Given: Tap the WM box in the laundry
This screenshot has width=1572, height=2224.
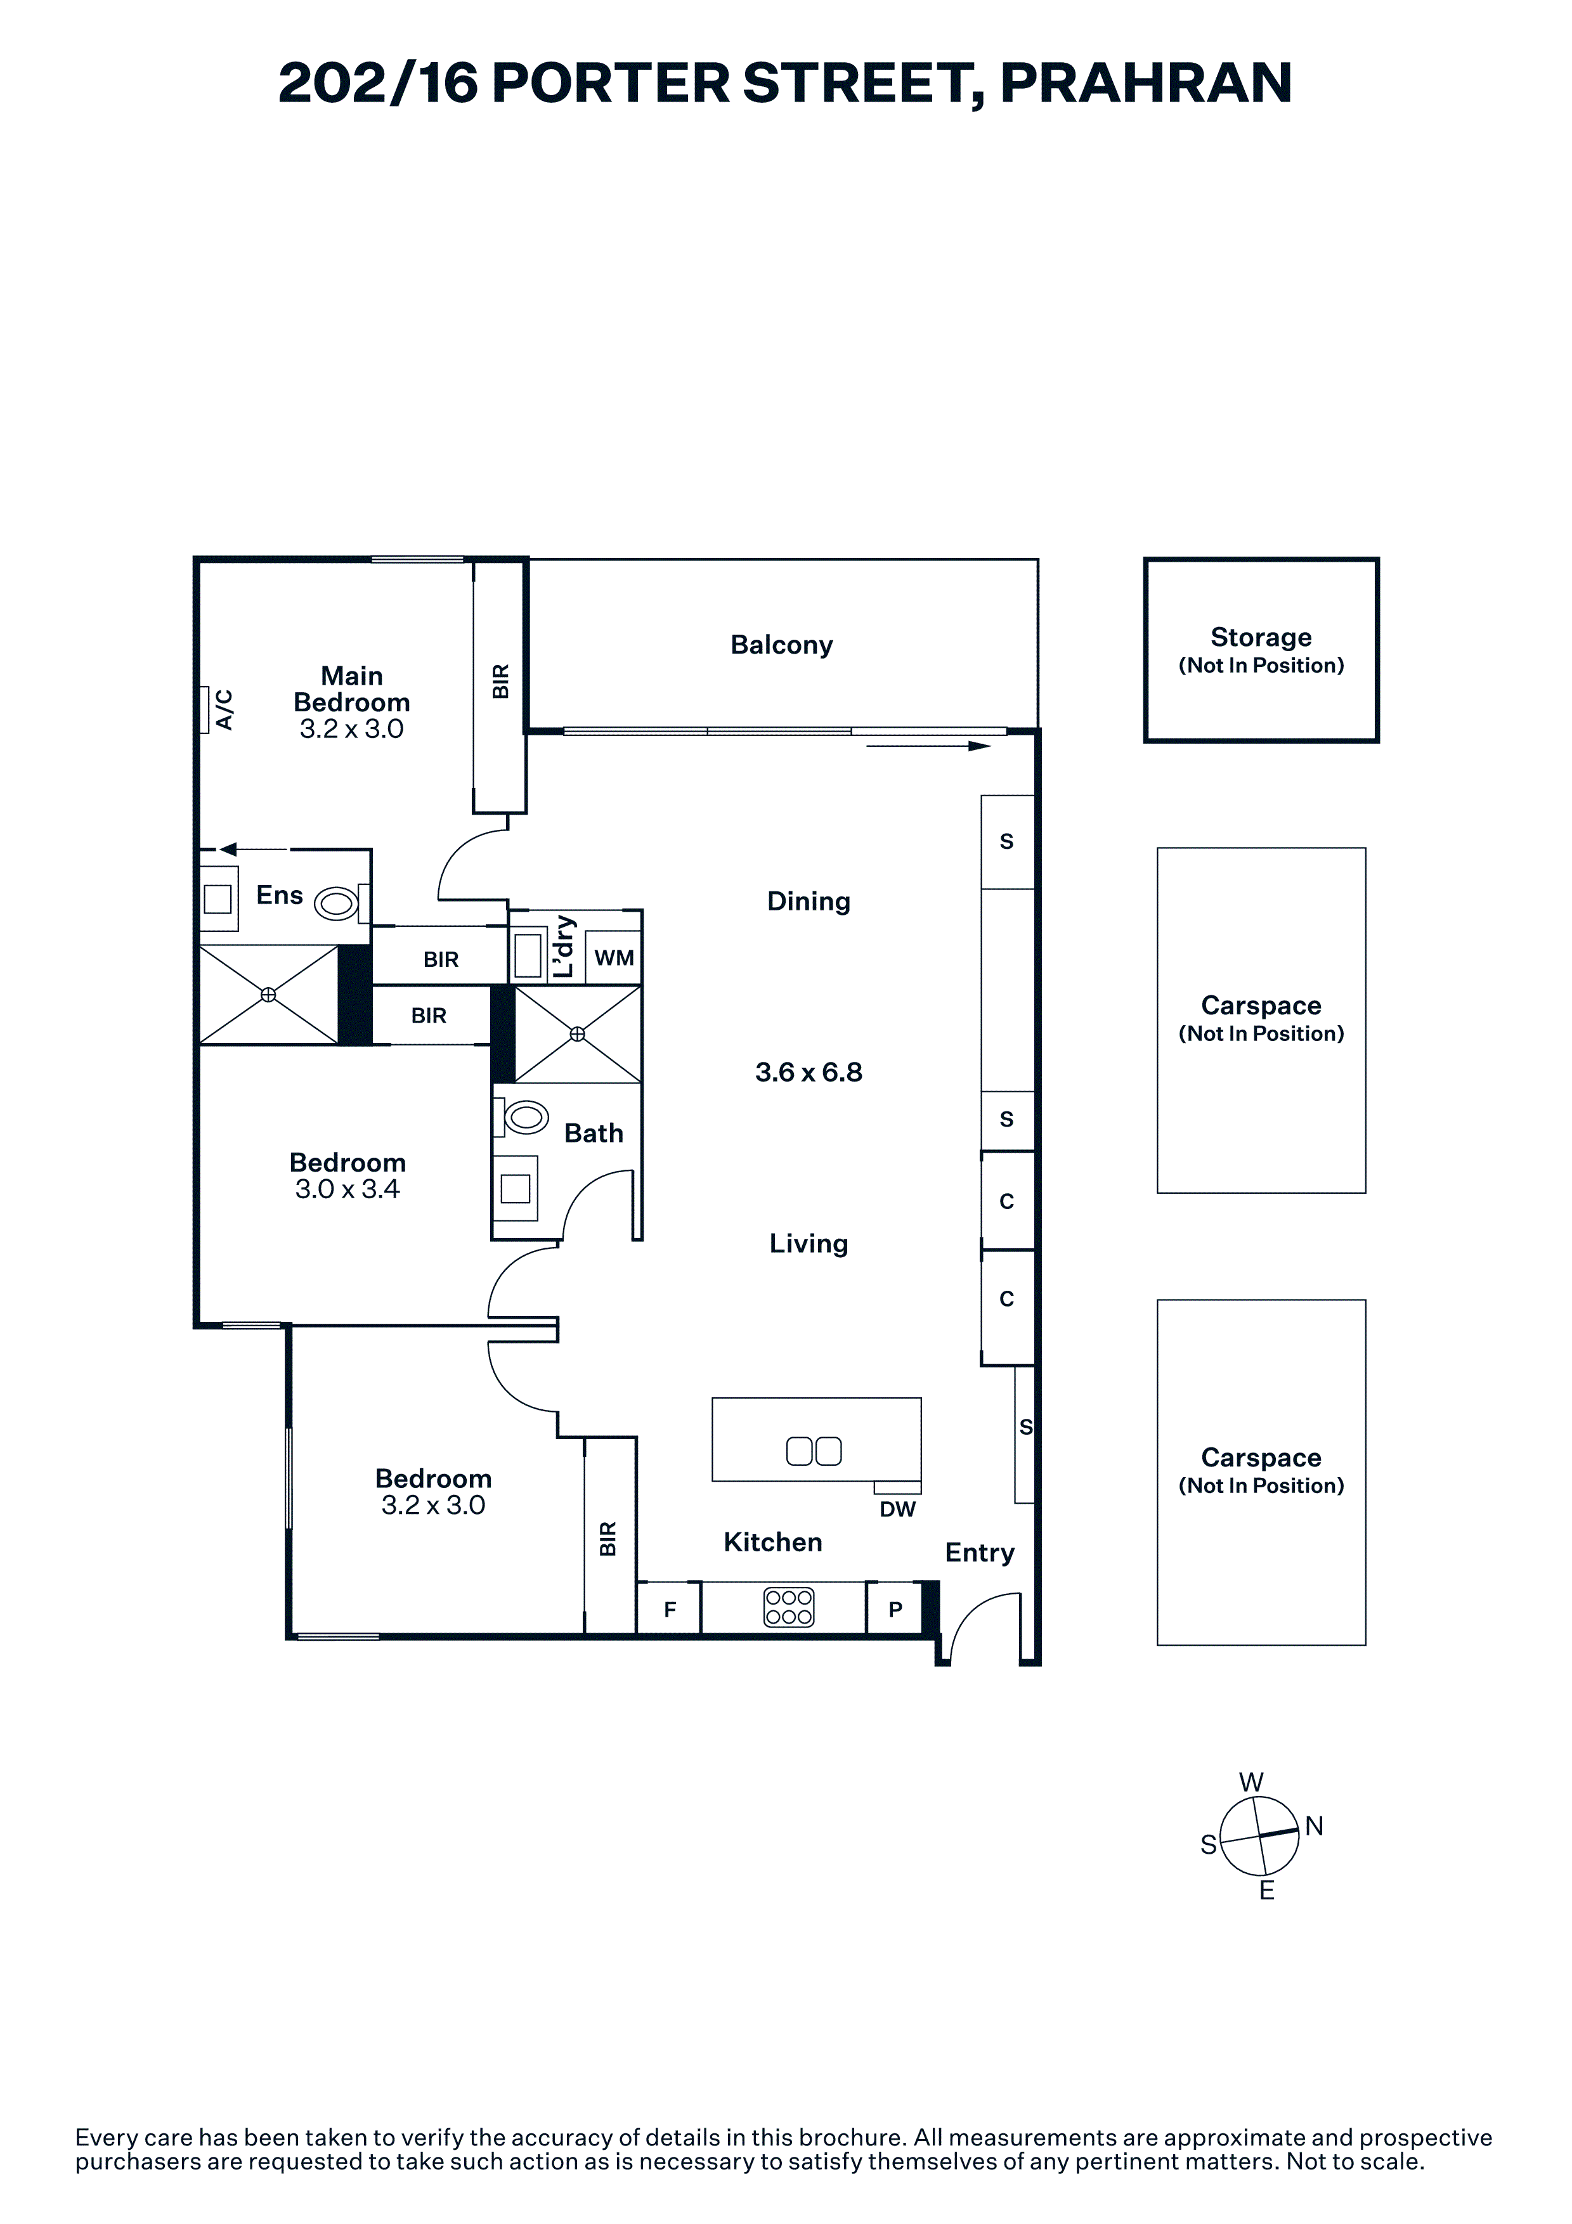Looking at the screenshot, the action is [x=614, y=958].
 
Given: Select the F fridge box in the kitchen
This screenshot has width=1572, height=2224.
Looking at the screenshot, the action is [x=669, y=1609].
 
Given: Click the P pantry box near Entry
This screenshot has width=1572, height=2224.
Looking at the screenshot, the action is [x=895, y=1609].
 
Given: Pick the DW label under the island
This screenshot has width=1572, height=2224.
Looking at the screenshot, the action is [x=897, y=1509].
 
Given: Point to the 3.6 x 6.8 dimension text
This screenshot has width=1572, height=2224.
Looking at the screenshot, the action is [x=809, y=1072].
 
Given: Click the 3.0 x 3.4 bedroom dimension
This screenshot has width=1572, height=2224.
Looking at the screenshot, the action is [x=347, y=1189].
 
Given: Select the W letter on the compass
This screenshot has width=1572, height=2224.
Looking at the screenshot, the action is [x=1251, y=1781].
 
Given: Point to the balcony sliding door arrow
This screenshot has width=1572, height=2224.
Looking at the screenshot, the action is [x=928, y=746].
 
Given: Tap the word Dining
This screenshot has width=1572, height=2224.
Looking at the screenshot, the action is [x=809, y=902].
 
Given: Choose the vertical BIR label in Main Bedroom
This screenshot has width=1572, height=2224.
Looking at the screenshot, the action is [x=500, y=681].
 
